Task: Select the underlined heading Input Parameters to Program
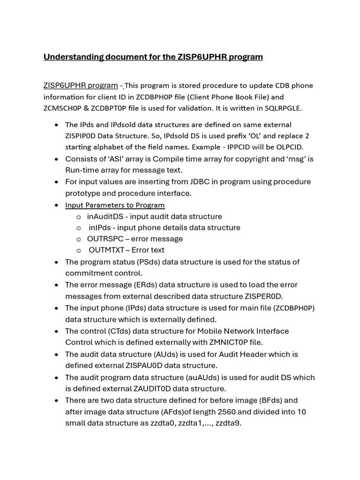coord(115,205)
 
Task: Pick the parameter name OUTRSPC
coord(105,239)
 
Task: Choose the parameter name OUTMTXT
coord(107,250)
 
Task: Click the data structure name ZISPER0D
coord(262,296)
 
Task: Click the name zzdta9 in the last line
coord(228,423)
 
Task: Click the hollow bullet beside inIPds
coord(79,228)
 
